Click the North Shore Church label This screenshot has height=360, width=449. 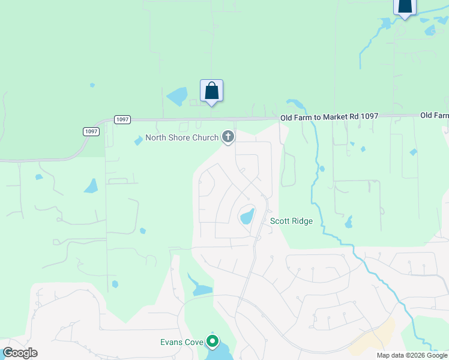pyautogui.click(x=182, y=138)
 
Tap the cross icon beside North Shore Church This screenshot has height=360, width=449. pyautogui.click(x=228, y=137)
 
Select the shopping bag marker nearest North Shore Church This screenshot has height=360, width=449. pyautogui.click(x=211, y=91)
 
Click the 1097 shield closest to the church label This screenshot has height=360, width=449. pyautogui.click(x=122, y=119)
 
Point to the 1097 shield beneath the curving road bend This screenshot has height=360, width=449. pyautogui.click(x=91, y=131)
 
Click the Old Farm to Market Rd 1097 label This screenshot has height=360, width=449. pyautogui.click(x=329, y=116)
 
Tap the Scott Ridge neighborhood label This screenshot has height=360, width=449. pyautogui.click(x=291, y=221)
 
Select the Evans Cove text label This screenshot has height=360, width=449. pyautogui.click(x=181, y=342)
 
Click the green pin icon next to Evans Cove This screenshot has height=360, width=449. pyautogui.click(x=212, y=342)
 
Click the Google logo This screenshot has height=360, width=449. pyautogui.click(x=20, y=352)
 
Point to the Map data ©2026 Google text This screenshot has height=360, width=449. pyautogui.click(x=412, y=355)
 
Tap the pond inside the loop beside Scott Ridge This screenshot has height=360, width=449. pyautogui.click(x=247, y=215)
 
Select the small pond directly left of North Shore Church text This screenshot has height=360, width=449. pyautogui.click(x=139, y=140)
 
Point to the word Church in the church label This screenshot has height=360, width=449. pyautogui.click(x=205, y=138)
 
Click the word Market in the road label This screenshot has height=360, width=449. pyautogui.click(x=330, y=116)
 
